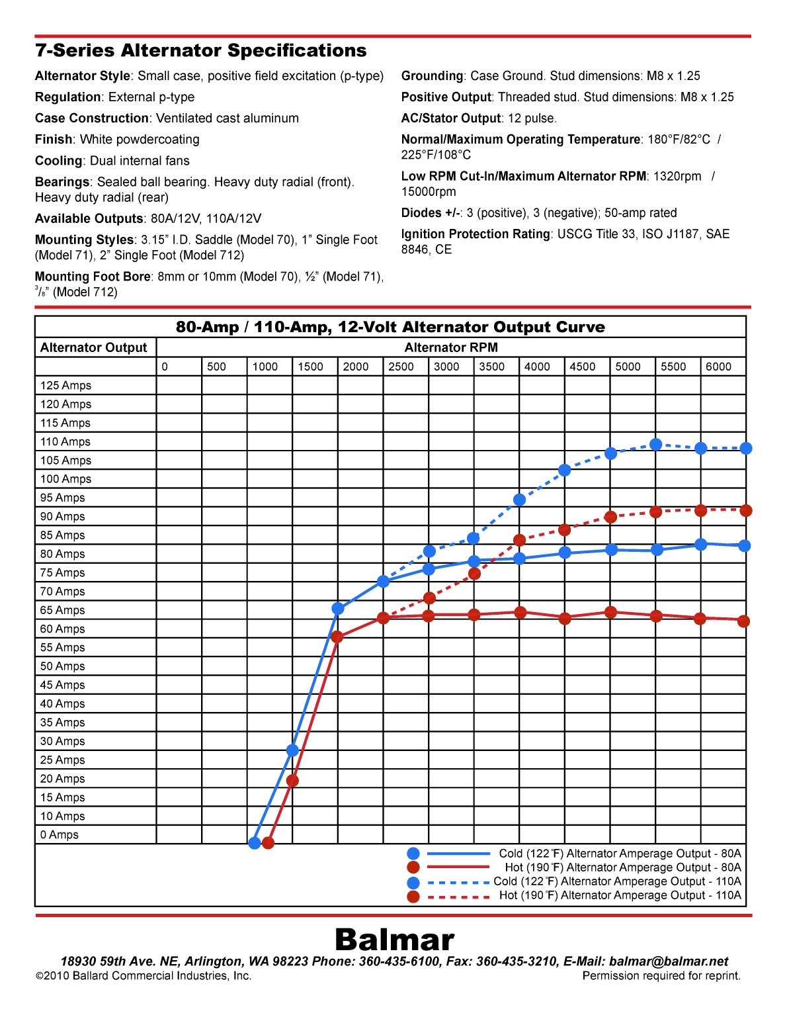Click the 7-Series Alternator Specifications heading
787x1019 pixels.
200,51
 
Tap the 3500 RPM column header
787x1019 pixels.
491,367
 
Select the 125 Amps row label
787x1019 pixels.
65,386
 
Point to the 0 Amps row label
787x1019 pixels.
59,835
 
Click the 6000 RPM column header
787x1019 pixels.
718,367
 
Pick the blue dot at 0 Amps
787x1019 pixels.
255,843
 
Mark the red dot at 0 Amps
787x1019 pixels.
268,843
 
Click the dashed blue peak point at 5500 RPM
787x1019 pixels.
656,445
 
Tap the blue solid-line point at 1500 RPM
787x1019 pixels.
292,750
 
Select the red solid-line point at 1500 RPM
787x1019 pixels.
292,781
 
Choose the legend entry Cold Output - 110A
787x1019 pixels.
617,882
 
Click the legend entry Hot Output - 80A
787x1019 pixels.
622,868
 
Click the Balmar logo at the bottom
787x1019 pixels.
394,940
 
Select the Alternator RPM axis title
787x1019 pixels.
451,348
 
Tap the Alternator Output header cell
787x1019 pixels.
94,348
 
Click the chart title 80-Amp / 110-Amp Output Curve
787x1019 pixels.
390,328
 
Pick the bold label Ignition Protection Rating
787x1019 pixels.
476,234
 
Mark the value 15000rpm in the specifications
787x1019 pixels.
429,192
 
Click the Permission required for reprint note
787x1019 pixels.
661,976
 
